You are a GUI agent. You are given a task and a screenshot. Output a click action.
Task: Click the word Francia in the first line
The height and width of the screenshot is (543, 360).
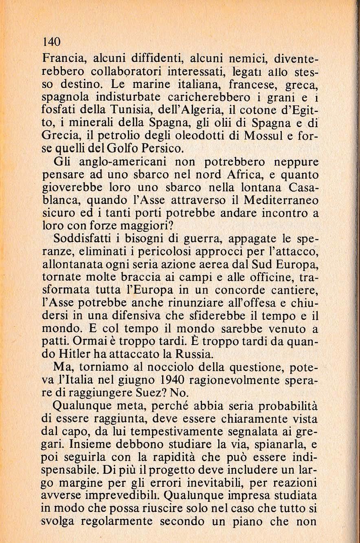point(62,59)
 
